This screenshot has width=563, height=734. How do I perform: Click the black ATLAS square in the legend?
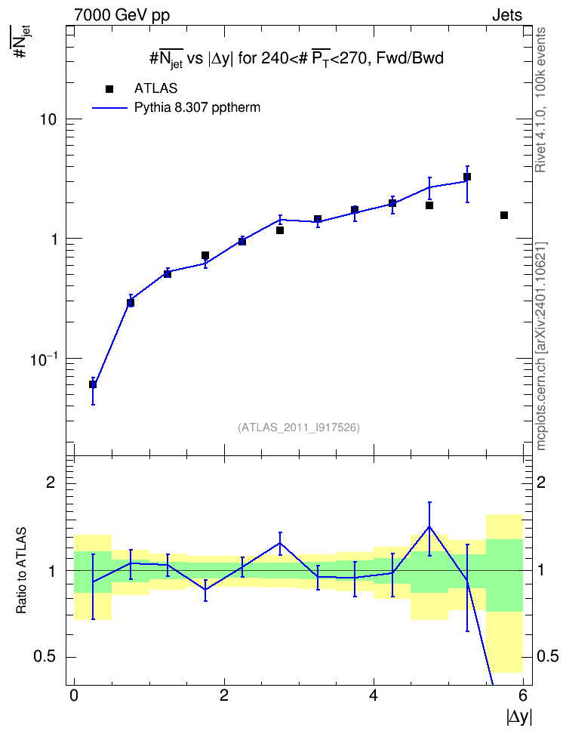(109, 88)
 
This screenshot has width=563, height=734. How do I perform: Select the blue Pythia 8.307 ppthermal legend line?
(109, 108)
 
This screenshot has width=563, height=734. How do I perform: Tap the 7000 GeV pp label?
(122, 15)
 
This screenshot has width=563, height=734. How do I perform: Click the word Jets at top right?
(507, 15)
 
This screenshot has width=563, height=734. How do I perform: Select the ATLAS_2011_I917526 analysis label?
(299, 427)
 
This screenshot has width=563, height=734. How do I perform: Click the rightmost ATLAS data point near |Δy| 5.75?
(504, 215)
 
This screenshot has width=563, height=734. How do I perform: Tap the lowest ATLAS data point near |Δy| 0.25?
(93, 384)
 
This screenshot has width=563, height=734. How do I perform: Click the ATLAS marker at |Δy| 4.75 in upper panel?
(429, 205)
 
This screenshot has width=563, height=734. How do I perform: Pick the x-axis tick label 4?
(374, 695)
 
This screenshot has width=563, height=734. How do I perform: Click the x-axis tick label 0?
(74, 695)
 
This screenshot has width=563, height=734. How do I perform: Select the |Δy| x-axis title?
(519, 717)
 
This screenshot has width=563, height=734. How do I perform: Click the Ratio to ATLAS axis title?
(21, 571)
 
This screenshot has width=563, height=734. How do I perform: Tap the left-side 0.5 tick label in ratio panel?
(45, 657)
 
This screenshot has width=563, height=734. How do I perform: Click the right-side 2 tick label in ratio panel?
(541, 482)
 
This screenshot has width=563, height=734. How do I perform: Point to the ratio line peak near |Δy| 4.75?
(429, 526)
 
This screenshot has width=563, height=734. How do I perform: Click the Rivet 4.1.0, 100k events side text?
(540, 100)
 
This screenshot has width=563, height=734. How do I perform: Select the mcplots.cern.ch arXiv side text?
(541, 346)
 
